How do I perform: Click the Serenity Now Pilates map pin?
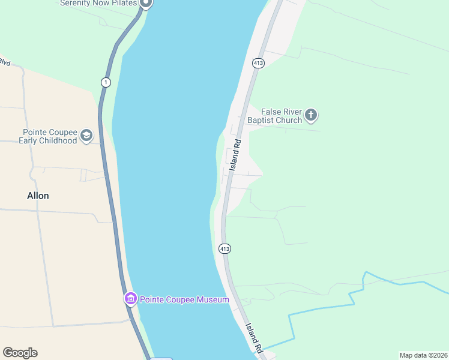coord(146,3)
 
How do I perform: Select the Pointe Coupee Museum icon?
coord(130,298)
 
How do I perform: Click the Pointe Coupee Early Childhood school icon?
coord(87,136)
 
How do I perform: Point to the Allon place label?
coord(38,196)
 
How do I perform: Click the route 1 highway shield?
coord(106,82)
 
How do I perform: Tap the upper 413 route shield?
coord(258,62)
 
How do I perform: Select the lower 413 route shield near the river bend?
coord(224,248)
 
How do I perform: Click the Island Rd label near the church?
coord(235,152)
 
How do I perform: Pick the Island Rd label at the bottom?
coord(255,338)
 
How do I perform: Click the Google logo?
coord(20,353)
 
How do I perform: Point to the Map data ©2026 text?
coord(423,355)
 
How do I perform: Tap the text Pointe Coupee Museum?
coord(184,299)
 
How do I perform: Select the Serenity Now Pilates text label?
coord(98,3)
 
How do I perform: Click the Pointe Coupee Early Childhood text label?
coord(50,136)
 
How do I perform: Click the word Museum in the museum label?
coord(212,299)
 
